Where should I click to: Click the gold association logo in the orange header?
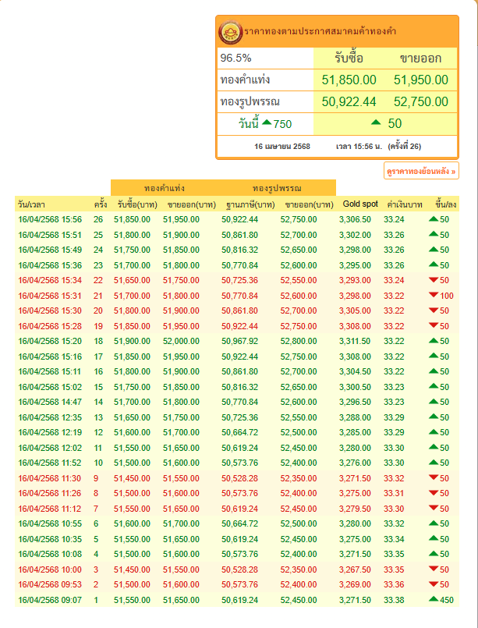click(231, 32)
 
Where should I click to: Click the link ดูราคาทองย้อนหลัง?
click(421, 171)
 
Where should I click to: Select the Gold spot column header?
click(360, 204)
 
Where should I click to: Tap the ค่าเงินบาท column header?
click(405, 204)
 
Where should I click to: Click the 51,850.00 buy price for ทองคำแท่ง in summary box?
click(349, 80)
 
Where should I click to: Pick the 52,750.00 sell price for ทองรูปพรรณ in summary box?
click(421, 101)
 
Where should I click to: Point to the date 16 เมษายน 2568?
click(281, 146)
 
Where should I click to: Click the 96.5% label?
click(235, 58)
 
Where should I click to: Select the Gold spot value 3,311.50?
click(355, 341)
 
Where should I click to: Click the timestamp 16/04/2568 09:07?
click(50, 600)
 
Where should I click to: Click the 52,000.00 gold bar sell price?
click(181, 341)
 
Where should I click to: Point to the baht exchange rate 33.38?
click(394, 600)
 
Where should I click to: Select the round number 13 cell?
click(98, 417)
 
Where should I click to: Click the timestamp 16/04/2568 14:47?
click(50, 402)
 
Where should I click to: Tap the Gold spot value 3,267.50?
click(355, 569)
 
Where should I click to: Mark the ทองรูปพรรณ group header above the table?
click(277, 188)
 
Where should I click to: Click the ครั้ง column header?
click(101, 204)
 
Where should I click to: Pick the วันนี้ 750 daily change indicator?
click(265, 124)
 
